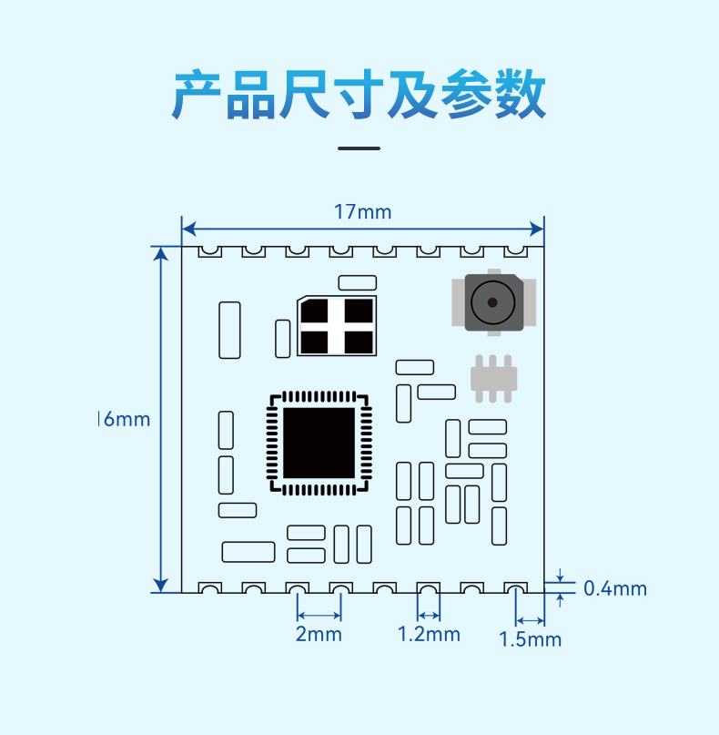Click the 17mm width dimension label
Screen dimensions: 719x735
pyautogui.click(x=362, y=212)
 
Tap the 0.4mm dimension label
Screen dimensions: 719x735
pyautogui.click(x=615, y=588)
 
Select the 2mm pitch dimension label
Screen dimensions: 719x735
pyautogui.click(x=319, y=634)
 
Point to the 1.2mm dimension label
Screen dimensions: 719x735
pyautogui.click(x=429, y=634)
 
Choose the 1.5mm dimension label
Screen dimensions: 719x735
pyautogui.click(x=530, y=639)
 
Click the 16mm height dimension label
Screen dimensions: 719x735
pyautogui.click(x=124, y=419)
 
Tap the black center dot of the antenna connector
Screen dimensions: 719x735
pyautogui.click(x=492, y=302)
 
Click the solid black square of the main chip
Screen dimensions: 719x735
pyautogui.click(x=319, y=443)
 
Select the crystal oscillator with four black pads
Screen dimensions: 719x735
pyautogui.click(x=337, y=326)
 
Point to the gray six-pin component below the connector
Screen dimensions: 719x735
pyautogui.click(x=493, y=379)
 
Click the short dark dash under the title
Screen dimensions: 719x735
pyautogui.click(x=359, y=148)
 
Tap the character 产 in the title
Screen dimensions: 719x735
pyautogui.click(x=197, y=95)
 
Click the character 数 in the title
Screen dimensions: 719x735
pyautogui.click(x=521, y=94)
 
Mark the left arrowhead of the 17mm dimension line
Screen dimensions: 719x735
pyautogui.click(x=188, y=230)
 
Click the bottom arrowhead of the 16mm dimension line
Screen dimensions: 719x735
pyautogui.click(x=161, y=586)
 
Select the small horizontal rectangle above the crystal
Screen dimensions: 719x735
pyautogui.click(x=358, y=282)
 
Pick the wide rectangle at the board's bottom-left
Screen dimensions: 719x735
pyautogui.click(x=248, y=552)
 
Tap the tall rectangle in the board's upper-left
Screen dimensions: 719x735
pyautogui.click(x=229, y=330)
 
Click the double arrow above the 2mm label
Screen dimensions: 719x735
pyautogui.click(x=319, y=615)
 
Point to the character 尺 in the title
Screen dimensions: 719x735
pyautogui.click(x=304, y=94)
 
